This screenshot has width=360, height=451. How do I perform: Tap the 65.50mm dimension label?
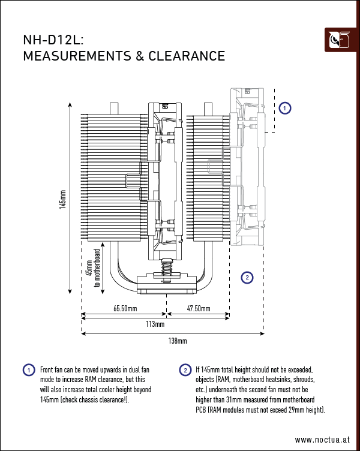[125, 309]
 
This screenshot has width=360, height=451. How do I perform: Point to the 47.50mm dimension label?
[198, 309]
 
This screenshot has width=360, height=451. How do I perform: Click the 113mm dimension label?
[155, 324]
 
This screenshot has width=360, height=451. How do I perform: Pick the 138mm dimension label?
[177, 341]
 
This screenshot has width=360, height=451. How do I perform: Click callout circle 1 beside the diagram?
[285, 108]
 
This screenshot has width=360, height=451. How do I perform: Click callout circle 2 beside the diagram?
[247, 277]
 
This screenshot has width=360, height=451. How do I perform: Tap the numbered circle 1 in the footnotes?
[28, 370]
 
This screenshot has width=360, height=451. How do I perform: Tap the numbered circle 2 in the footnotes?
[185, 370]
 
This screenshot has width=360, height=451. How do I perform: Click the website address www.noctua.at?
[322, 439]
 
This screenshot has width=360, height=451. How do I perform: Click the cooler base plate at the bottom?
[166, 284]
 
